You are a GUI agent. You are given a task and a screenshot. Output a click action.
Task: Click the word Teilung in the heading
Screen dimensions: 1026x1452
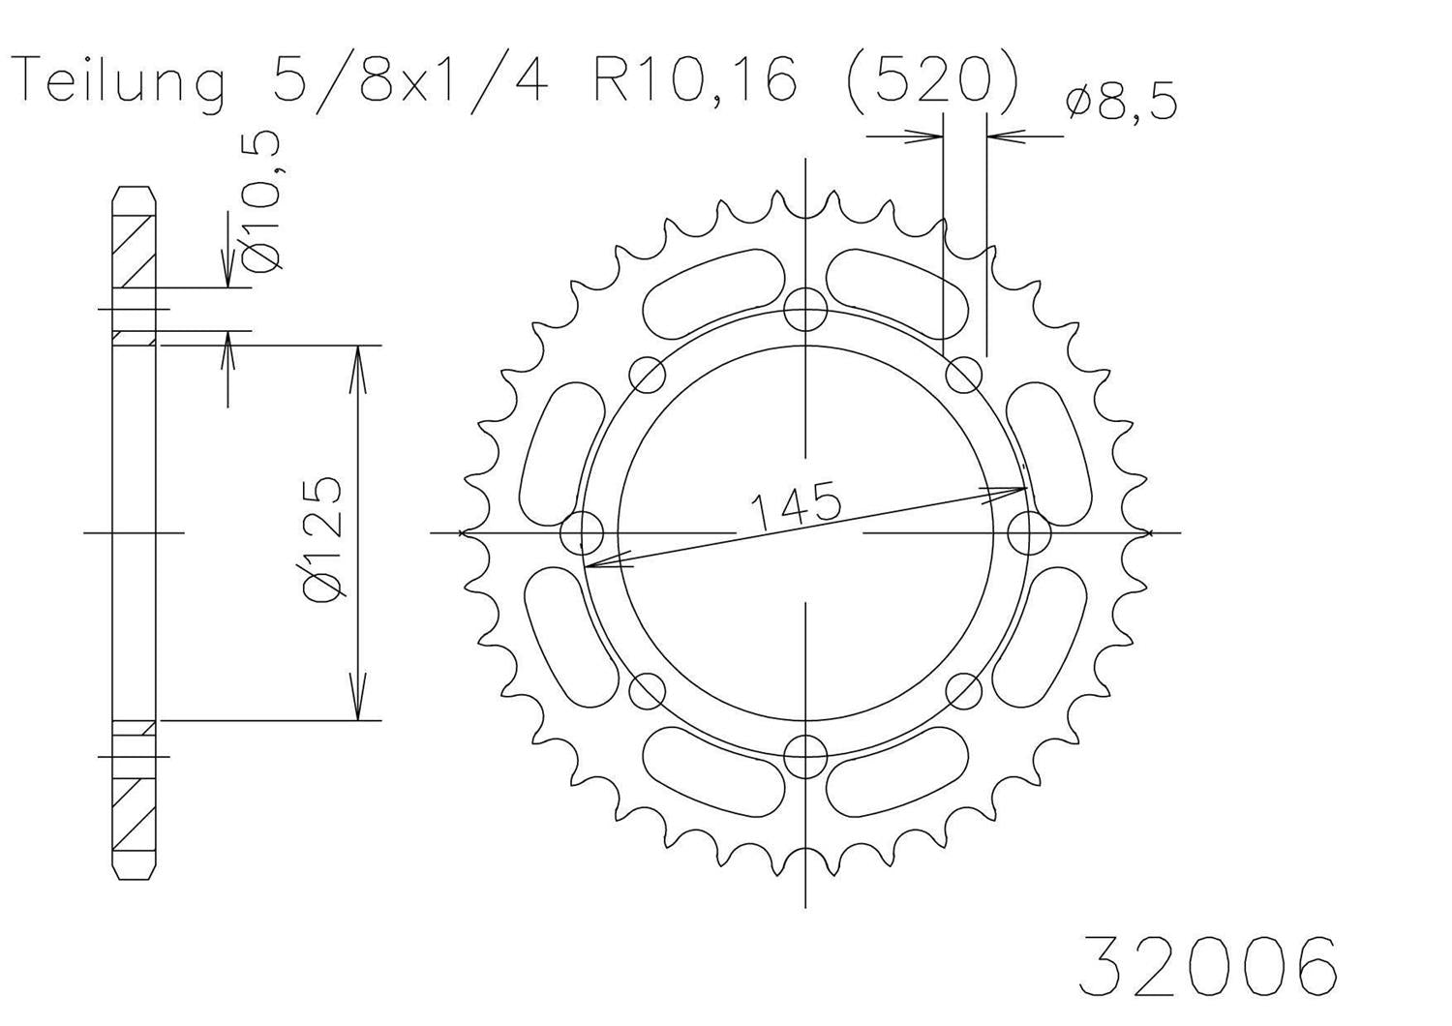pyautogui.click(x=121, y=81)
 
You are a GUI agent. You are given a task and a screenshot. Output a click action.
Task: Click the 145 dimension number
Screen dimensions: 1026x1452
pyautogui.click(x=794, y=507)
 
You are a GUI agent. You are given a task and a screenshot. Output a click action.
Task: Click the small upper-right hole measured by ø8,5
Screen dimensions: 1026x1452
pyautogui.click(x=963, y=375)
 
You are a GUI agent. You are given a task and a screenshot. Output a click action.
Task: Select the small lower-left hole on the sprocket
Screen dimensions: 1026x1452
pyautogui.click(x=648, y=690)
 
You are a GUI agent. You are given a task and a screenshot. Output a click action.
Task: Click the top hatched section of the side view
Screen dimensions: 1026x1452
pyautogui.click(x=135, y=247)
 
